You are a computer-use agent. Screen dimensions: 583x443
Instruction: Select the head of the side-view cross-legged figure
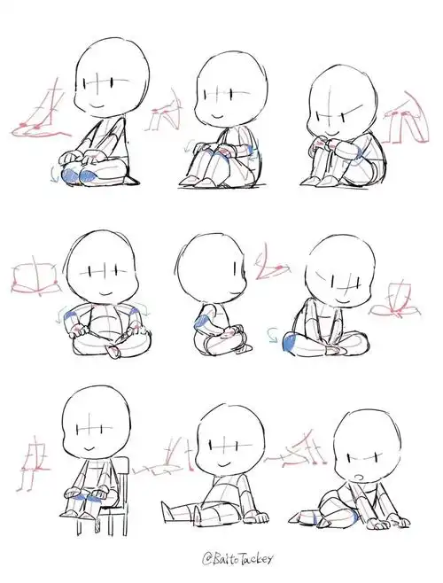209,266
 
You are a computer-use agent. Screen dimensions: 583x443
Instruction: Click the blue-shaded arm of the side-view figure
206,325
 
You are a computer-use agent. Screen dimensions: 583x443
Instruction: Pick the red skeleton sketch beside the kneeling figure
35,115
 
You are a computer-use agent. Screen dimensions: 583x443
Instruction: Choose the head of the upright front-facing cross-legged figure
105,270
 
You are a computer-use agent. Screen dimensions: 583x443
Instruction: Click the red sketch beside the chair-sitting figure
34,456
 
